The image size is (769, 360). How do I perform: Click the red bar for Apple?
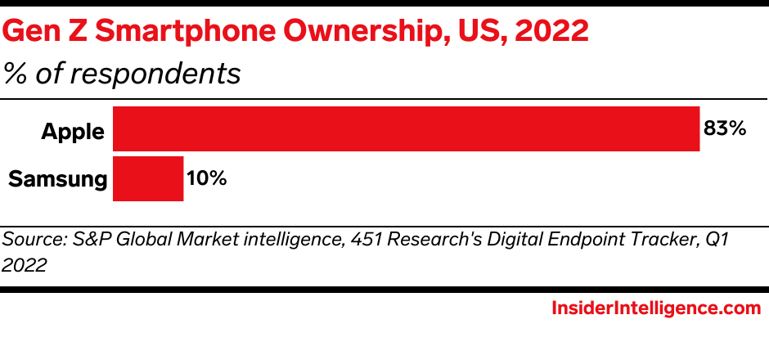(x=406, y=129)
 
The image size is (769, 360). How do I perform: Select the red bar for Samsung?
(x=148, y=178)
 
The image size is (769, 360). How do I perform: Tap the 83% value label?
(x=725, y=129)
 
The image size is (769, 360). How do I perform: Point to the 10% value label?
(x=206, y=178)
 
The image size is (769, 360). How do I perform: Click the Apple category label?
(x=73, y=131)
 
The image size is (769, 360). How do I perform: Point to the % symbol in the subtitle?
(x=14, y=74)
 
